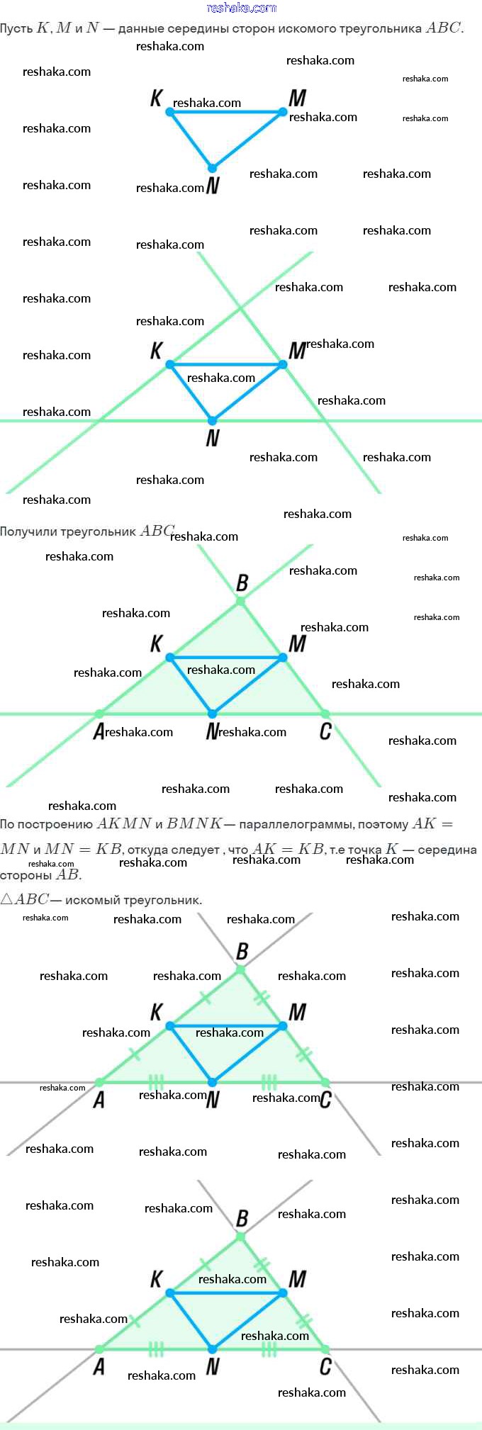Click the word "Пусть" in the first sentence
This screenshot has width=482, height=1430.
click(16, 28)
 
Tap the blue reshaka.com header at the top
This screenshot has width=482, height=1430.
click(241, 8)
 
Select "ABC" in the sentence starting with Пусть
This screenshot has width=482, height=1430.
click(443, 28)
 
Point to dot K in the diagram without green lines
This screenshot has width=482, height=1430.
click(169, 112)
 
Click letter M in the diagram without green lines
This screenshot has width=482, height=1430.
click(298, 98)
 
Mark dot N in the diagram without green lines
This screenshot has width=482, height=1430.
click(212, 168)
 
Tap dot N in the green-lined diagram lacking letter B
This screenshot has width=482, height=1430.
click(212, 421)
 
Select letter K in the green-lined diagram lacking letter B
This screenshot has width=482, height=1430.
click(157, 350)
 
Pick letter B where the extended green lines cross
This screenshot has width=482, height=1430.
click(242, 582)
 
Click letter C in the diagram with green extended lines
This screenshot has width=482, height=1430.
click(325, 731)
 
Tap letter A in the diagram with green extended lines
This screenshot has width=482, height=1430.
click(99, 731)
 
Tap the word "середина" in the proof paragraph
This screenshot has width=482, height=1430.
click(447, 850)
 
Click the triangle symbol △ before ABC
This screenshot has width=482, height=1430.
click(6, 899)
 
